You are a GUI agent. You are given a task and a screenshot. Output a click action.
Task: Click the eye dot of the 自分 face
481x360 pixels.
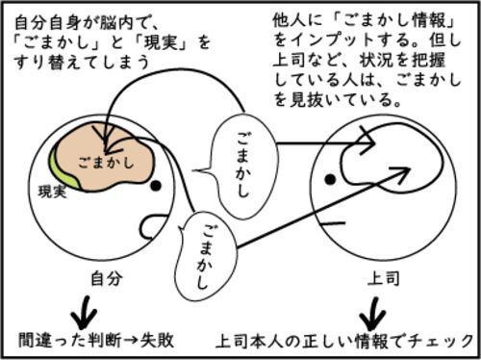pyautogui.click(x=156, y=186)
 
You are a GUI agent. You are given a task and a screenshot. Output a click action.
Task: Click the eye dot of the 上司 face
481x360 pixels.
pyautogui.click(x=330, y=179)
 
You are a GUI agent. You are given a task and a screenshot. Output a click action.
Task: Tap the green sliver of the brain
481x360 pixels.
pyautogui.click(x=64, y=172)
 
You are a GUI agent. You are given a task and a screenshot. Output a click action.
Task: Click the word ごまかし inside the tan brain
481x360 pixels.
pyautogui.click(x=106, y=162)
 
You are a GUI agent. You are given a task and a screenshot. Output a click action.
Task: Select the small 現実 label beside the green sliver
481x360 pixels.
pyautogui.click(x=53, y=192)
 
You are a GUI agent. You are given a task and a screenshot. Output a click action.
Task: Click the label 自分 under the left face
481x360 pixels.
pyautogui.click(x=107, y=278)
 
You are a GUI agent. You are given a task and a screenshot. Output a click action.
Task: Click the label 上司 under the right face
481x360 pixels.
pyautogui.click(x=384, y=278)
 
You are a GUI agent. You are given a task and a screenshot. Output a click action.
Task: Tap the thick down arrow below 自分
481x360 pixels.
pyautogui.click(x=84, y=312)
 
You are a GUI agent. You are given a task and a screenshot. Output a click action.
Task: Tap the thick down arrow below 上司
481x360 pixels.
pyautogui.click(x=373, y=314)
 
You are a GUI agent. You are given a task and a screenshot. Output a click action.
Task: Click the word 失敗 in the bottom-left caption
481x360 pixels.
pyautogui.click(x=157, y=340)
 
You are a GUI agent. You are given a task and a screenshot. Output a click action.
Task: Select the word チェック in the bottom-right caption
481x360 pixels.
pyautogui.click(x=442, y=341)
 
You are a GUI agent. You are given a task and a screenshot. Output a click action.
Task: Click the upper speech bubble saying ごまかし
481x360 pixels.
pyautogui.click(x=242, y=166)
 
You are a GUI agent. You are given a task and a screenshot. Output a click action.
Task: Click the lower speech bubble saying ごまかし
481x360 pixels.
pyautogui.click(x=207, y=256)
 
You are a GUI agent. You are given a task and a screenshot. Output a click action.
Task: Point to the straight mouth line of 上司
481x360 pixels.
pyautogui.click(x=334, y=222)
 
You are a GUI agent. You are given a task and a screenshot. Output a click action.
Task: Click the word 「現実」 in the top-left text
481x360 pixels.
pyautogui.click(x=161, y=42)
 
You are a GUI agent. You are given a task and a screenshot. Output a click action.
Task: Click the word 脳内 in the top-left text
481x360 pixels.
pyautogui.click(x=116, y=23)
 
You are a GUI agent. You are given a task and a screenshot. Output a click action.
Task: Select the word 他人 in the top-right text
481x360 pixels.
pyautogui.click(x=289, y=20)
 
